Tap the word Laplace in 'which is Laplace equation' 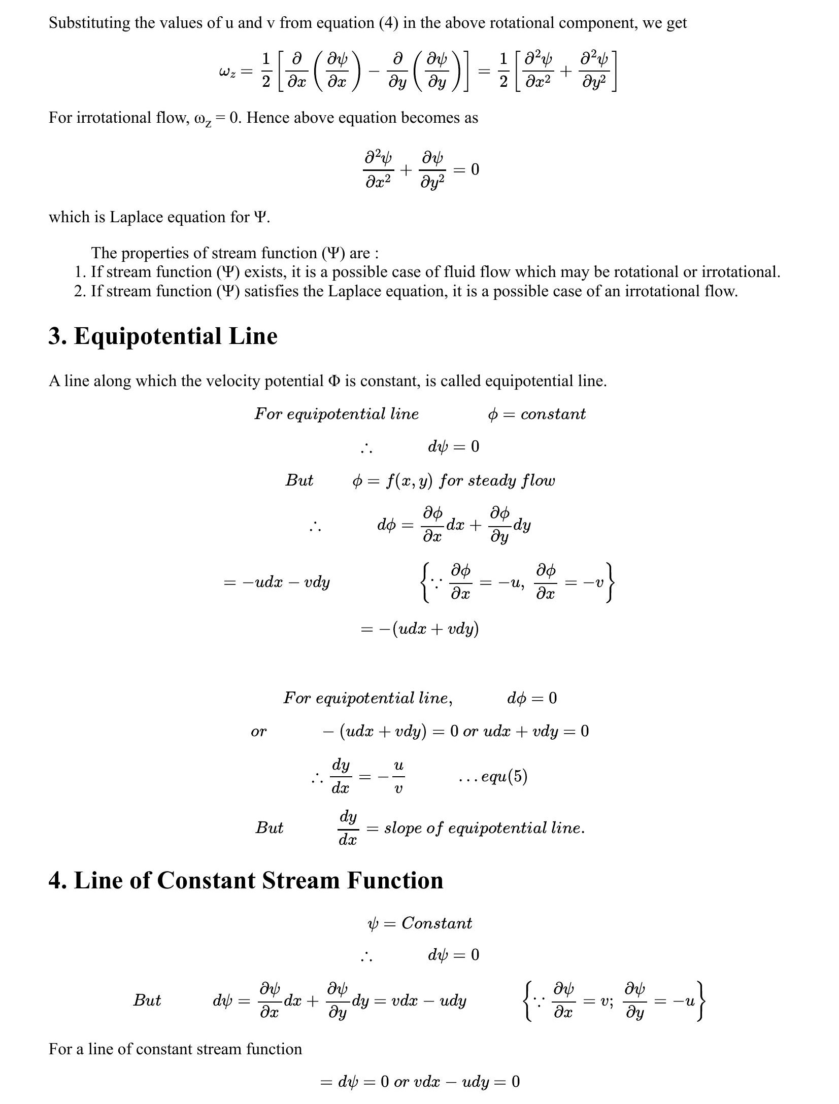click(135, 217)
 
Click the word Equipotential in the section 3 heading click(148, 336)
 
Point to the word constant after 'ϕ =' click(553, 414)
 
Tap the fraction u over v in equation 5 click(398, 776)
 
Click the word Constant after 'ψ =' click(437, 923)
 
